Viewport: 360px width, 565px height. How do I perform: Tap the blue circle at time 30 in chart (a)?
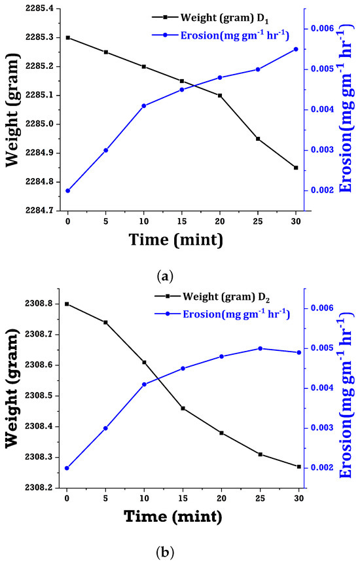coord(296,49)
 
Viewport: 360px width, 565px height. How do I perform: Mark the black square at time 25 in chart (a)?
coord(258,139)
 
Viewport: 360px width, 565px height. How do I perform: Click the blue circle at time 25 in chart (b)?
coord(260,348)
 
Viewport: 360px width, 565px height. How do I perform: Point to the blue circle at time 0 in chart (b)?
coord(67,468)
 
